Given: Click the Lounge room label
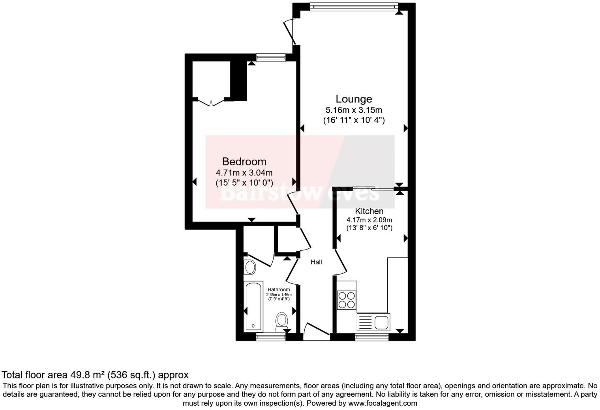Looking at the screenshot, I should pos(354,99).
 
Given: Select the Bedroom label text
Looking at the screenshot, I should pos(244,161).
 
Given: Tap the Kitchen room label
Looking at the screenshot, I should pos(369,211).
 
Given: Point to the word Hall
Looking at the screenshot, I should pos(316,262).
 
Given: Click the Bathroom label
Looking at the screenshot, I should pos(279,290).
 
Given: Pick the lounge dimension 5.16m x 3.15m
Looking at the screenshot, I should pos(354,110).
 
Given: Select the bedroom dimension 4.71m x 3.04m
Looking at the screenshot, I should pos(244,173).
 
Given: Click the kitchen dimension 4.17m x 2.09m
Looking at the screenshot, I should pos(369,220).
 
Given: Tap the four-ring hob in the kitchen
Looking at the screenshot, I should pos(347,300).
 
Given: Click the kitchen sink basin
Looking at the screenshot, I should pos(381,323).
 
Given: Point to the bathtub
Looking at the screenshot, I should pos(253,307).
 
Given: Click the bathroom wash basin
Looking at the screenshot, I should pos(250,268).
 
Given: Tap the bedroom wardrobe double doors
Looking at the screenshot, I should pos(211,102).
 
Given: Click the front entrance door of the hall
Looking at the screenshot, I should pos(316,330).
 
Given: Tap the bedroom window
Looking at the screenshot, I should pos(270,58).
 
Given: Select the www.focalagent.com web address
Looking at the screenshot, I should pos(382,403).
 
